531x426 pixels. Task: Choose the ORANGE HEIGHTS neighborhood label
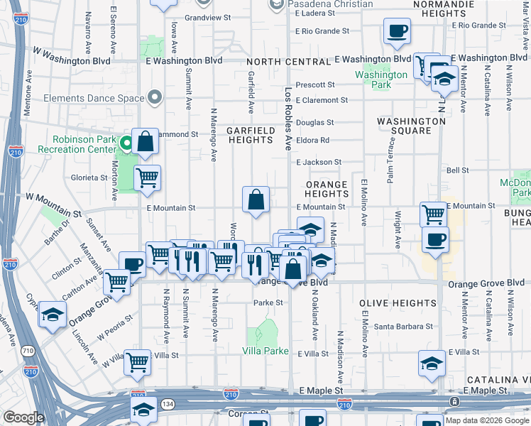[327, 190]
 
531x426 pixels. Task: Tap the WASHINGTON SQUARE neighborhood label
[411, 126]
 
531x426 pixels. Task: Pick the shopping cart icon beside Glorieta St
[147, 178]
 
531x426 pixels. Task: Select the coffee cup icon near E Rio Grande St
[397, 31]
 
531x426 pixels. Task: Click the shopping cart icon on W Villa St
[137, 362]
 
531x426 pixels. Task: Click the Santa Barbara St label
[403, 327]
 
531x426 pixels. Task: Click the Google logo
[23, 417]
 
